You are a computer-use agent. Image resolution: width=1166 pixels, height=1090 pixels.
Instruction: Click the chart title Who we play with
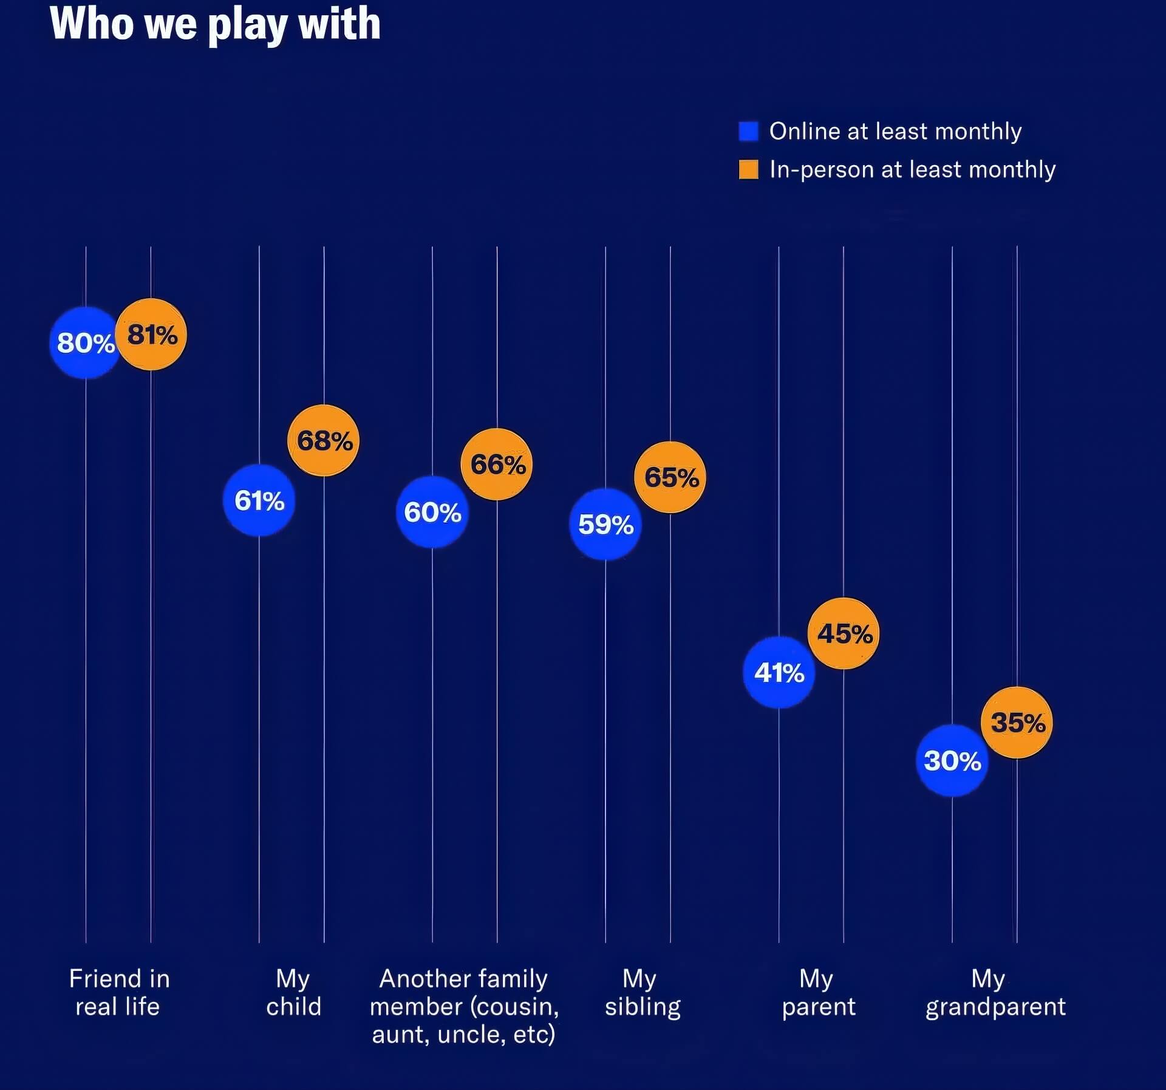click(x=215, y=24)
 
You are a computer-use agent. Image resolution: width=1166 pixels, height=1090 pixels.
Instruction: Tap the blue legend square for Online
click(x=748, y=131)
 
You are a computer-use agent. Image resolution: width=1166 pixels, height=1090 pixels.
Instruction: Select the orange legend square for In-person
click(x=748, y=169)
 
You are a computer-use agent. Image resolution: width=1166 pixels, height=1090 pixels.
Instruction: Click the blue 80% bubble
click(x=85, y=343)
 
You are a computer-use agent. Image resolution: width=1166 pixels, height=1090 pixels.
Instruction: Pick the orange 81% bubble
click(x=151, y=335)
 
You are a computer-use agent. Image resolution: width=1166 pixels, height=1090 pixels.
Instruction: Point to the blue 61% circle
click(x=259, y=500)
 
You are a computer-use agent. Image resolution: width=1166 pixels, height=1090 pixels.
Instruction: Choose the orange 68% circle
click(x=324, y=440)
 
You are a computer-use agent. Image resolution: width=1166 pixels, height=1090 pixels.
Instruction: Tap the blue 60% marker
click(x=432, y=512)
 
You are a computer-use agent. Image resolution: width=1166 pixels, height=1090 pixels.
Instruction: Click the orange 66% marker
click(x=497, y=465)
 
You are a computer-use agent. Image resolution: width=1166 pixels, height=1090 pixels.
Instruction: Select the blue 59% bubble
click(x=605, y=524)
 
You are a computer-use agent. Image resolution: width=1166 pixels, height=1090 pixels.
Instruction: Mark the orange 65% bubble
click(x=670, y=477)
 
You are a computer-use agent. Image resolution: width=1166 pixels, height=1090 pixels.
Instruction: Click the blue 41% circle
click(x=779, y=672)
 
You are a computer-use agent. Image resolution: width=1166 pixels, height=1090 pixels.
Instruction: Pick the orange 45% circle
click(x=844, y=633)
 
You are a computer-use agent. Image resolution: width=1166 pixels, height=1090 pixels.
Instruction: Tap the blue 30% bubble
click(x=952, y=760)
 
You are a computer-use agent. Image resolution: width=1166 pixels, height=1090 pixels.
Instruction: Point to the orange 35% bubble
click(x=1017, y=723)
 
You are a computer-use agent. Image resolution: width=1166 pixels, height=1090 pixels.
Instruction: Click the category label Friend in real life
click(x=118, y=992)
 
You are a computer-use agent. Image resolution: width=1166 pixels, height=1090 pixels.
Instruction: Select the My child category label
click(x=293, y=992)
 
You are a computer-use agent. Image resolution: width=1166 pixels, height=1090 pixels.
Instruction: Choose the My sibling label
click(x=643, y=992)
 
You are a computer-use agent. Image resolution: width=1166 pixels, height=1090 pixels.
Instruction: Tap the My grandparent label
click(x=995, y=992)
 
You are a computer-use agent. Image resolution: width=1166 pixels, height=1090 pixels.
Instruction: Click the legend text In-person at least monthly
click(x=912, y=169)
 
